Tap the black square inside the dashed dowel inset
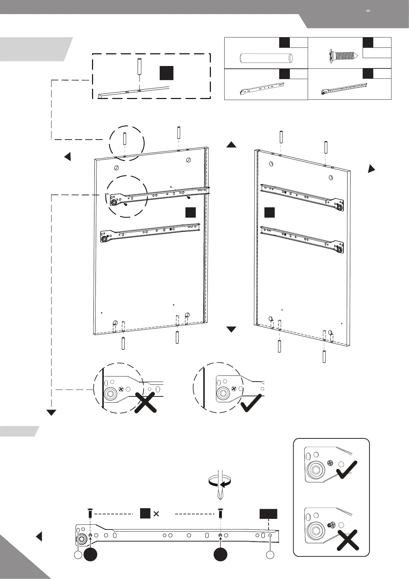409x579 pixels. coord(166,73)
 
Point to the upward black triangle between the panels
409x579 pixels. coord(231,145)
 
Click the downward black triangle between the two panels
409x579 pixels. coord(231,329)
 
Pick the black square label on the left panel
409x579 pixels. coord(191,212)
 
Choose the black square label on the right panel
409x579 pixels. coord(270,212)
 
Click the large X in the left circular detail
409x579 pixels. coord(146,402)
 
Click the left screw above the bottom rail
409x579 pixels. coord(90,514)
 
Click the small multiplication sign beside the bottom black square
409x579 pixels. coord(156,514)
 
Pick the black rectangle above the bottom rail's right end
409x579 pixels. coord(268,514)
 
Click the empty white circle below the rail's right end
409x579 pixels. coord(270,555)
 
